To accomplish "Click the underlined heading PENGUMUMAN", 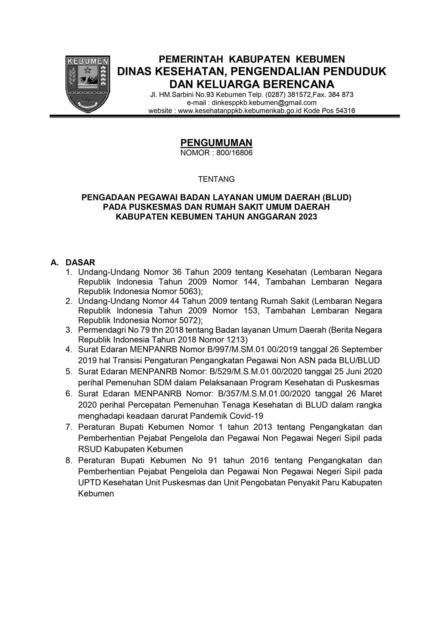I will [216, 143].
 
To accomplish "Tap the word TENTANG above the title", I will [217, 179].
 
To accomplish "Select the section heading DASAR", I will [80, 263].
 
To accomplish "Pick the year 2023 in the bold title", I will [307, 217].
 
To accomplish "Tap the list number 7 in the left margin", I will [69, 427].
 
